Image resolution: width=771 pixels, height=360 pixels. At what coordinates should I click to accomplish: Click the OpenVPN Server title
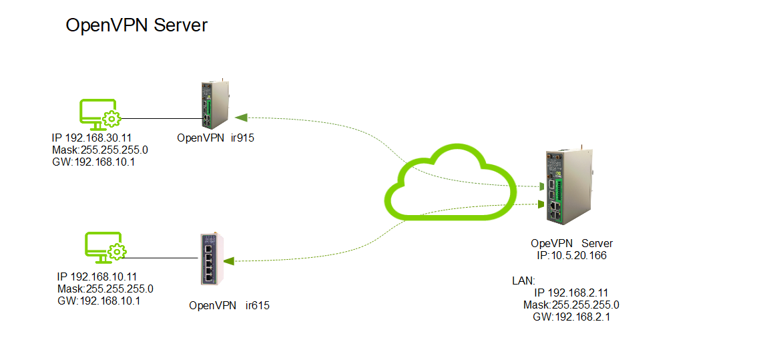pos(136,25)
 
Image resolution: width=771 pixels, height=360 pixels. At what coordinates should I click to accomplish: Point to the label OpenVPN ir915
pos(216,138)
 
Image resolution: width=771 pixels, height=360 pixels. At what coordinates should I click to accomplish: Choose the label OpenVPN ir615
pos(229,306)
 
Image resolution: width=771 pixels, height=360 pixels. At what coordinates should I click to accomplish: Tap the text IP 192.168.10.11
pos(97,277)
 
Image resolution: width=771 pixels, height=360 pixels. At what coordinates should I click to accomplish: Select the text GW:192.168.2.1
pos(571,318)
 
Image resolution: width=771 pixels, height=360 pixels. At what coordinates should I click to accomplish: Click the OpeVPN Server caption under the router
pos(571,243)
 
